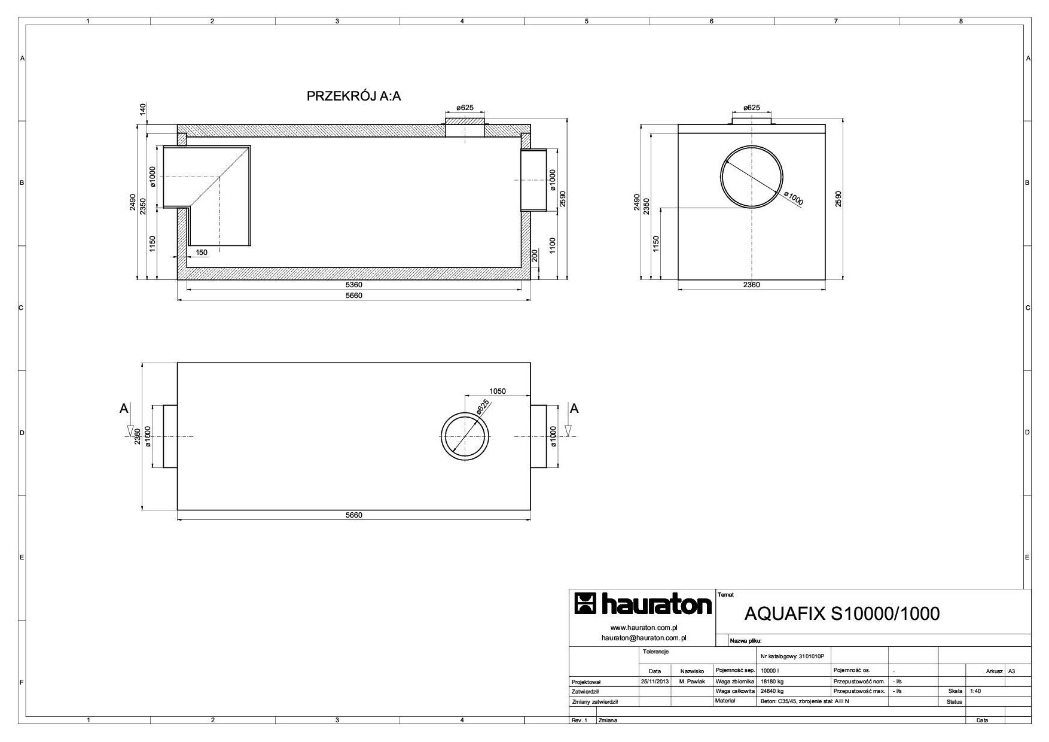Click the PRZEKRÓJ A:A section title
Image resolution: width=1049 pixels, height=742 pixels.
coord(353,96)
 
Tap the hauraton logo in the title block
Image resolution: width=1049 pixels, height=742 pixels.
coord(642,604)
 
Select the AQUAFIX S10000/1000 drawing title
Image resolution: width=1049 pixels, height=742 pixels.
coord(842,614)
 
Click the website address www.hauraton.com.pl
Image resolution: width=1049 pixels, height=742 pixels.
coord(643,628)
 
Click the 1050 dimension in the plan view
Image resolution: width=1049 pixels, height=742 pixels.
coord(498,391)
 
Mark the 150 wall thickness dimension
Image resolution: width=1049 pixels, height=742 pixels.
coord(202,253)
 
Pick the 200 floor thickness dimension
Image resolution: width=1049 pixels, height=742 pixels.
coord(535,257)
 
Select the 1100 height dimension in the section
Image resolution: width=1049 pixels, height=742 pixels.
coord(553,246)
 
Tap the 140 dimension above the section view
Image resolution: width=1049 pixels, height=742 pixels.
coord(142,110)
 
